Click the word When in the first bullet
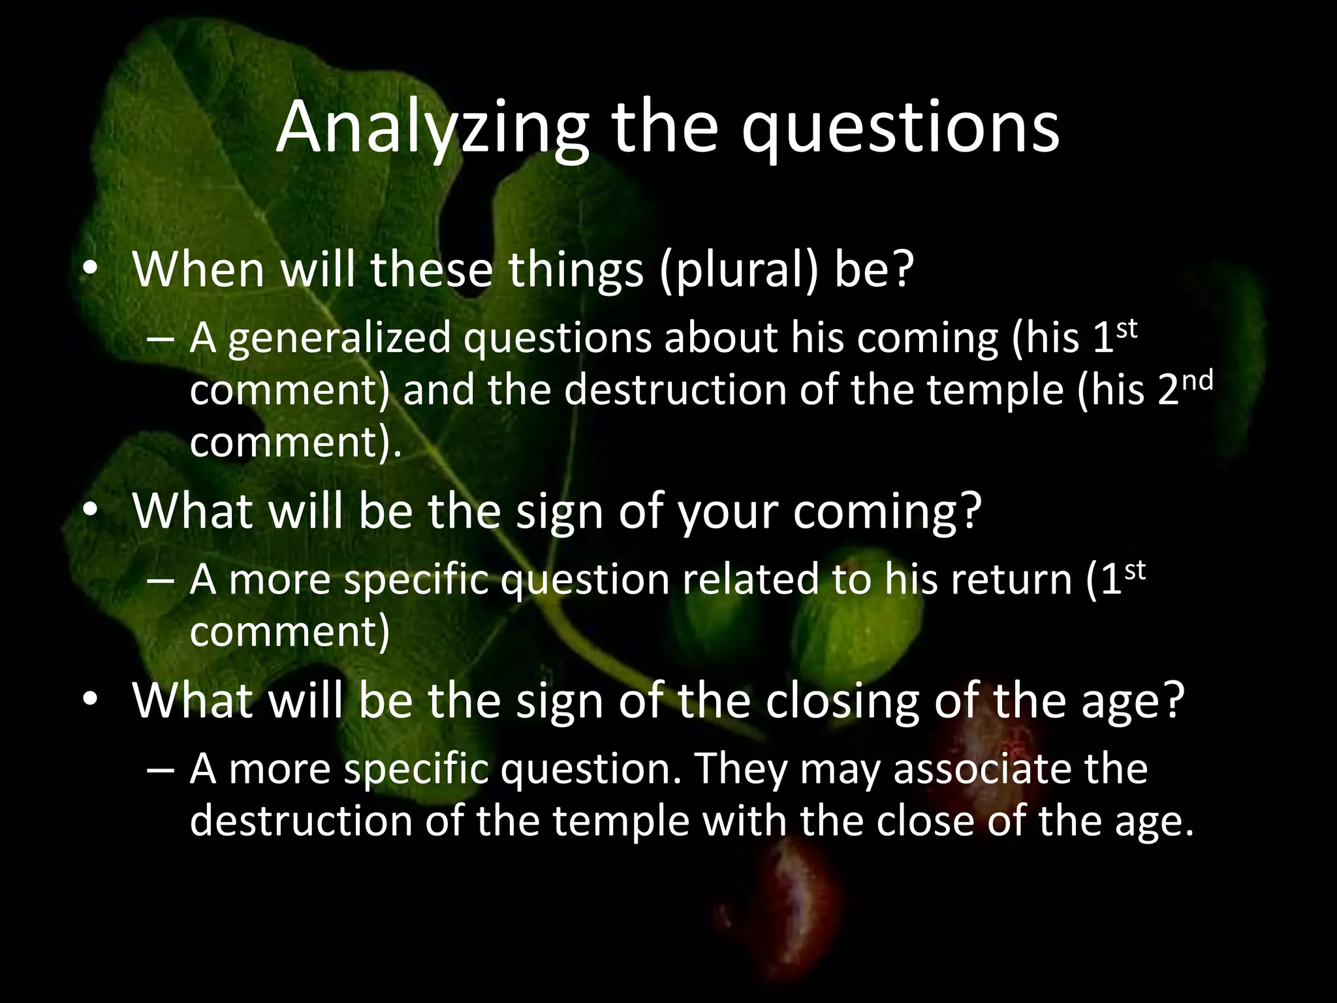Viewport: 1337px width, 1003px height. click(x=198, y=270)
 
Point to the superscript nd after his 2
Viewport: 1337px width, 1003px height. click(x=1197, y=380)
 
